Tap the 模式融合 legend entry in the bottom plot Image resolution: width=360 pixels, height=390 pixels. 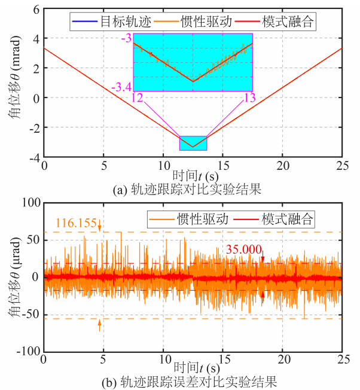(288, 218)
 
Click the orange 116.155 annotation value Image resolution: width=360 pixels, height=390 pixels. (76, 223)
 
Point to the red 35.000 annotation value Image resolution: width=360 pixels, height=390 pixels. (243, 250)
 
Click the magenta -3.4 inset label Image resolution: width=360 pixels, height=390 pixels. (121, 88)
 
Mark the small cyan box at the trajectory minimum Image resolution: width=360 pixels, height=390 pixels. (193, 143)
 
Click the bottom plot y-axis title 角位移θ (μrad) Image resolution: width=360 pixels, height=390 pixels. (13, 276)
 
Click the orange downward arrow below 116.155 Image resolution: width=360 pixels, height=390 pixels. (100, 227)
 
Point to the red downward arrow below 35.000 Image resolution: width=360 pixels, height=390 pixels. (262, 258)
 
